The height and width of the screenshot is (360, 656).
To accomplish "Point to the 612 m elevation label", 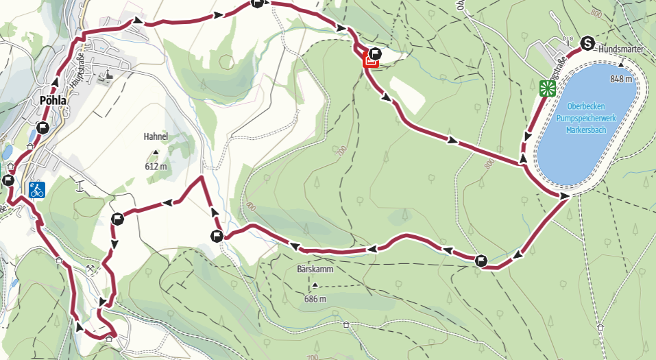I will (156, 166).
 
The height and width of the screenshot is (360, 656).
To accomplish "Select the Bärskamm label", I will (315, 269).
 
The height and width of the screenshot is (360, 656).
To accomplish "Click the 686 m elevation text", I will (315, 298).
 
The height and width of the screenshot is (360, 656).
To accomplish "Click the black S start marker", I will (587, 43).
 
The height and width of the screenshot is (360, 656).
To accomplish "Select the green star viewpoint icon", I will (546, 87).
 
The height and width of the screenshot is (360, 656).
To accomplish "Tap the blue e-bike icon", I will (37, 189).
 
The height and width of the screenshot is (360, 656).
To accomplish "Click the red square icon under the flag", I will (370, 61).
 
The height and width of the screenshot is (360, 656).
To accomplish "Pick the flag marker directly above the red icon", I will (375, 53).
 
